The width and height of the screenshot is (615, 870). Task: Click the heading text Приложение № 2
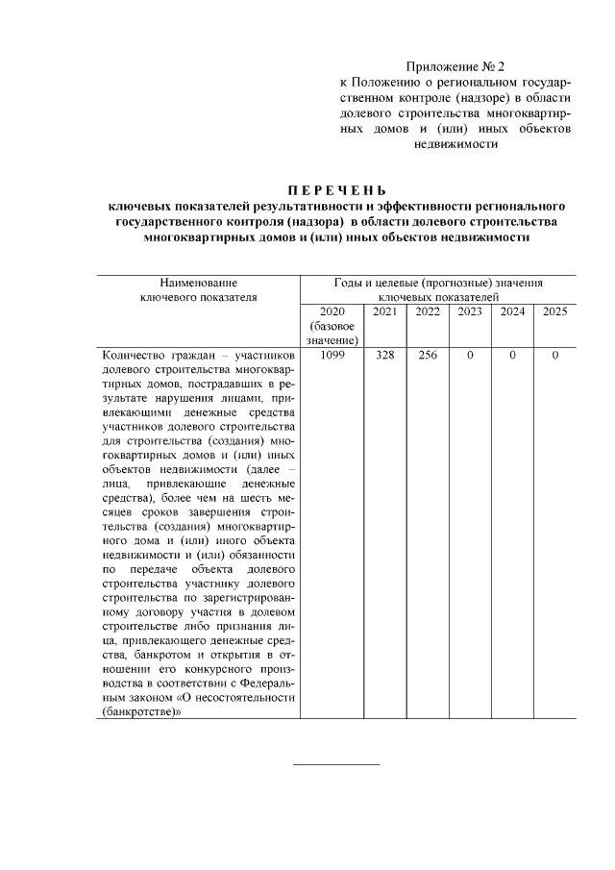point(455,66)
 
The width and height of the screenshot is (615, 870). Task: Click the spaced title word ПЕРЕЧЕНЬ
point(336,188)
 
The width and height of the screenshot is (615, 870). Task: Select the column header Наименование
point(198,283)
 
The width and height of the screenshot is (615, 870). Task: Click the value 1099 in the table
point(332,356)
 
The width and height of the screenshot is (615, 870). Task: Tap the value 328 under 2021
point(384,356)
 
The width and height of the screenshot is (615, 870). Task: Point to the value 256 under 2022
point(428,356)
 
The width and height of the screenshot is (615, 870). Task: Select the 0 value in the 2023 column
point(470,356)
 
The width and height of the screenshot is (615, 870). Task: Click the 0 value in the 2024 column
point(512,356)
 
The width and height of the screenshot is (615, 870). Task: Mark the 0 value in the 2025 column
point(555,356)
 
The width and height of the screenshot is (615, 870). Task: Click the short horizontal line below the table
point(335,764)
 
